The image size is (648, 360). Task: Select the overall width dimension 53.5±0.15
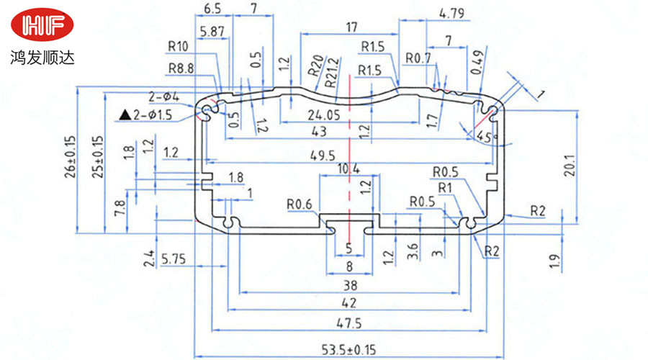pos(349,350)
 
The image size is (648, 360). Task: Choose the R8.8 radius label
pos(181,68)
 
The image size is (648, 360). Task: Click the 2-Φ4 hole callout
pos(163,96)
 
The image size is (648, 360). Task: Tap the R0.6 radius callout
pos(298,204)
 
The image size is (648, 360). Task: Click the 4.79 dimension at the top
pos(451,12)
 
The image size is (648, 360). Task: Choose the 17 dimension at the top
pos(350,27)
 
